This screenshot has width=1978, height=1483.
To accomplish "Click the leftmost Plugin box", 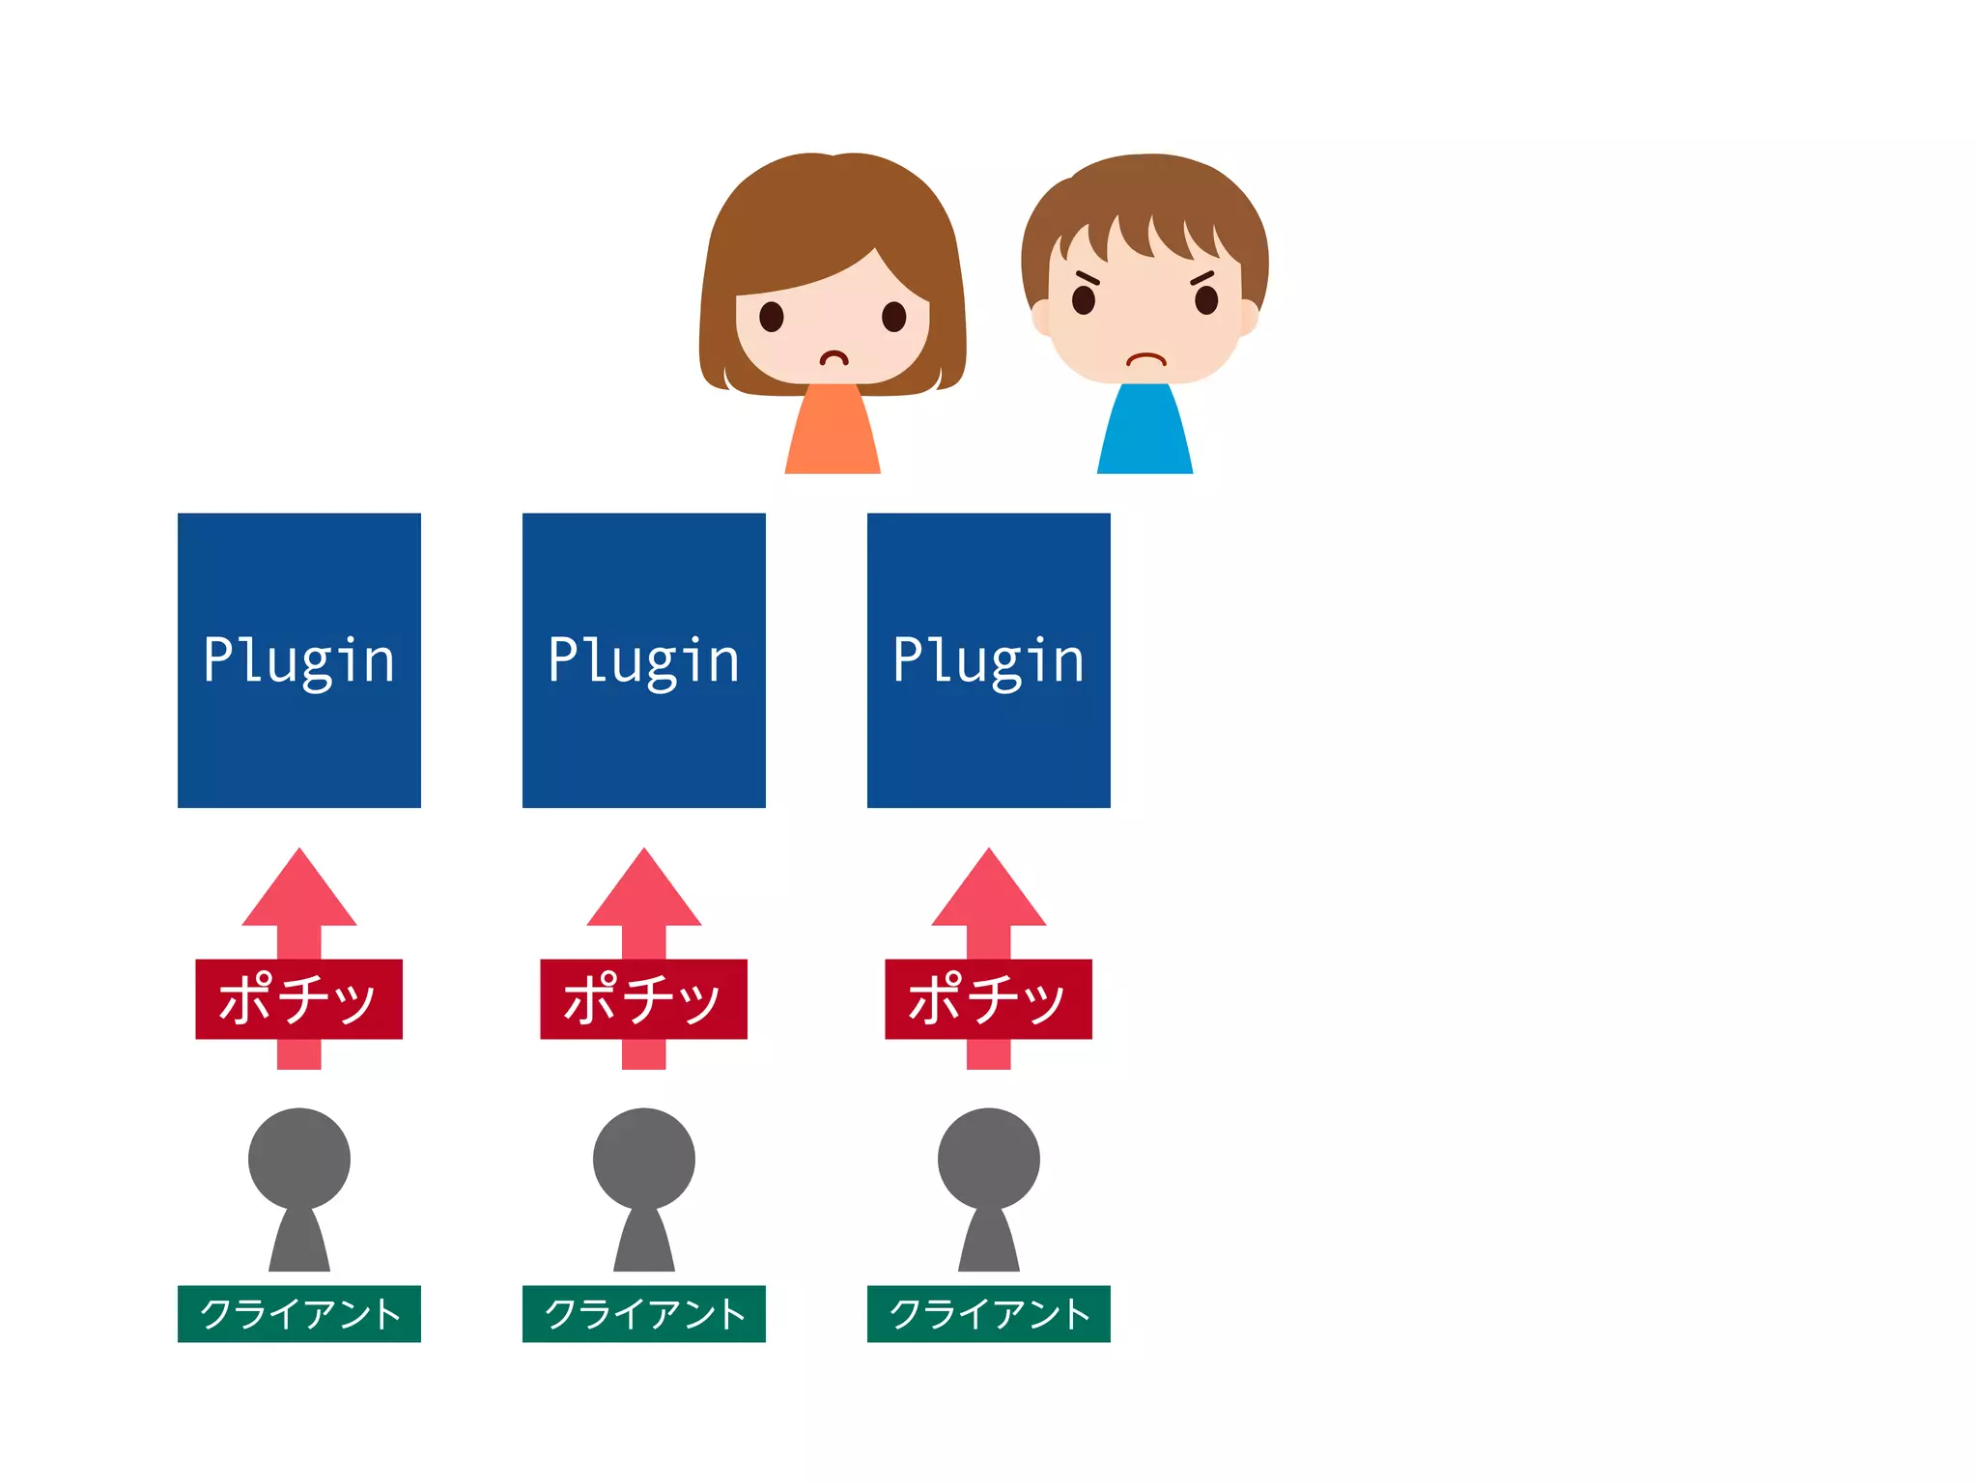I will click(x=298, y=660).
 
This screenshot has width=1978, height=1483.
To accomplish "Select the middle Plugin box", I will click(x=643, y=660).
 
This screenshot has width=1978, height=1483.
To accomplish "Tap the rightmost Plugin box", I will click(x=988, y=660).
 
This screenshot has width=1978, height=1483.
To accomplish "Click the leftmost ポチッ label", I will click(x=298, y=999).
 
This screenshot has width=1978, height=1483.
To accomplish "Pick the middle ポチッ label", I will click(x=643, y=999).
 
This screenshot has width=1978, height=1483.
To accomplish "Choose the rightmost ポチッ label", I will click(x=988, y=999).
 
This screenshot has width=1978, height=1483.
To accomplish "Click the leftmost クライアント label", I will click(x=298, y=1314).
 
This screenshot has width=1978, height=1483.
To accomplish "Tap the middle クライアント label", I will click(x=643, y=1314).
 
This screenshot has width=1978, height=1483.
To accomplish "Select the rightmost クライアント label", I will click(x=988, y=1314).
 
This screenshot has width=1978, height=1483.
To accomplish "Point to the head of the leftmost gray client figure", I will click(x=298, y=1159).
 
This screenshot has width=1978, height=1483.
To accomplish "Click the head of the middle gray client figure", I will click(x=643, y=1159).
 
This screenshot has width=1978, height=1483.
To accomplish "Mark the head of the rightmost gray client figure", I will click(x=988, y=1159).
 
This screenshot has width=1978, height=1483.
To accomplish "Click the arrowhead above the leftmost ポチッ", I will click(x=298, y=894).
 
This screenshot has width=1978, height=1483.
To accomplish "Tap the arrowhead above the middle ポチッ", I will click(x=643, y=894).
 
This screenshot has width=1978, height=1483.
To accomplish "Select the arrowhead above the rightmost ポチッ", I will click(x=988, y=894).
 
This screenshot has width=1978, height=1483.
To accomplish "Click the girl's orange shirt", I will click(x=833, y=434).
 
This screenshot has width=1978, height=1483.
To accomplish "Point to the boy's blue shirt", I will click(x=1144, y=434).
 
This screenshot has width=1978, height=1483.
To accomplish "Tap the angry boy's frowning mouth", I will click(x=1145, y=360).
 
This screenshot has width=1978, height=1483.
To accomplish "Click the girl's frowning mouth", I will click(x=834, y=358).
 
